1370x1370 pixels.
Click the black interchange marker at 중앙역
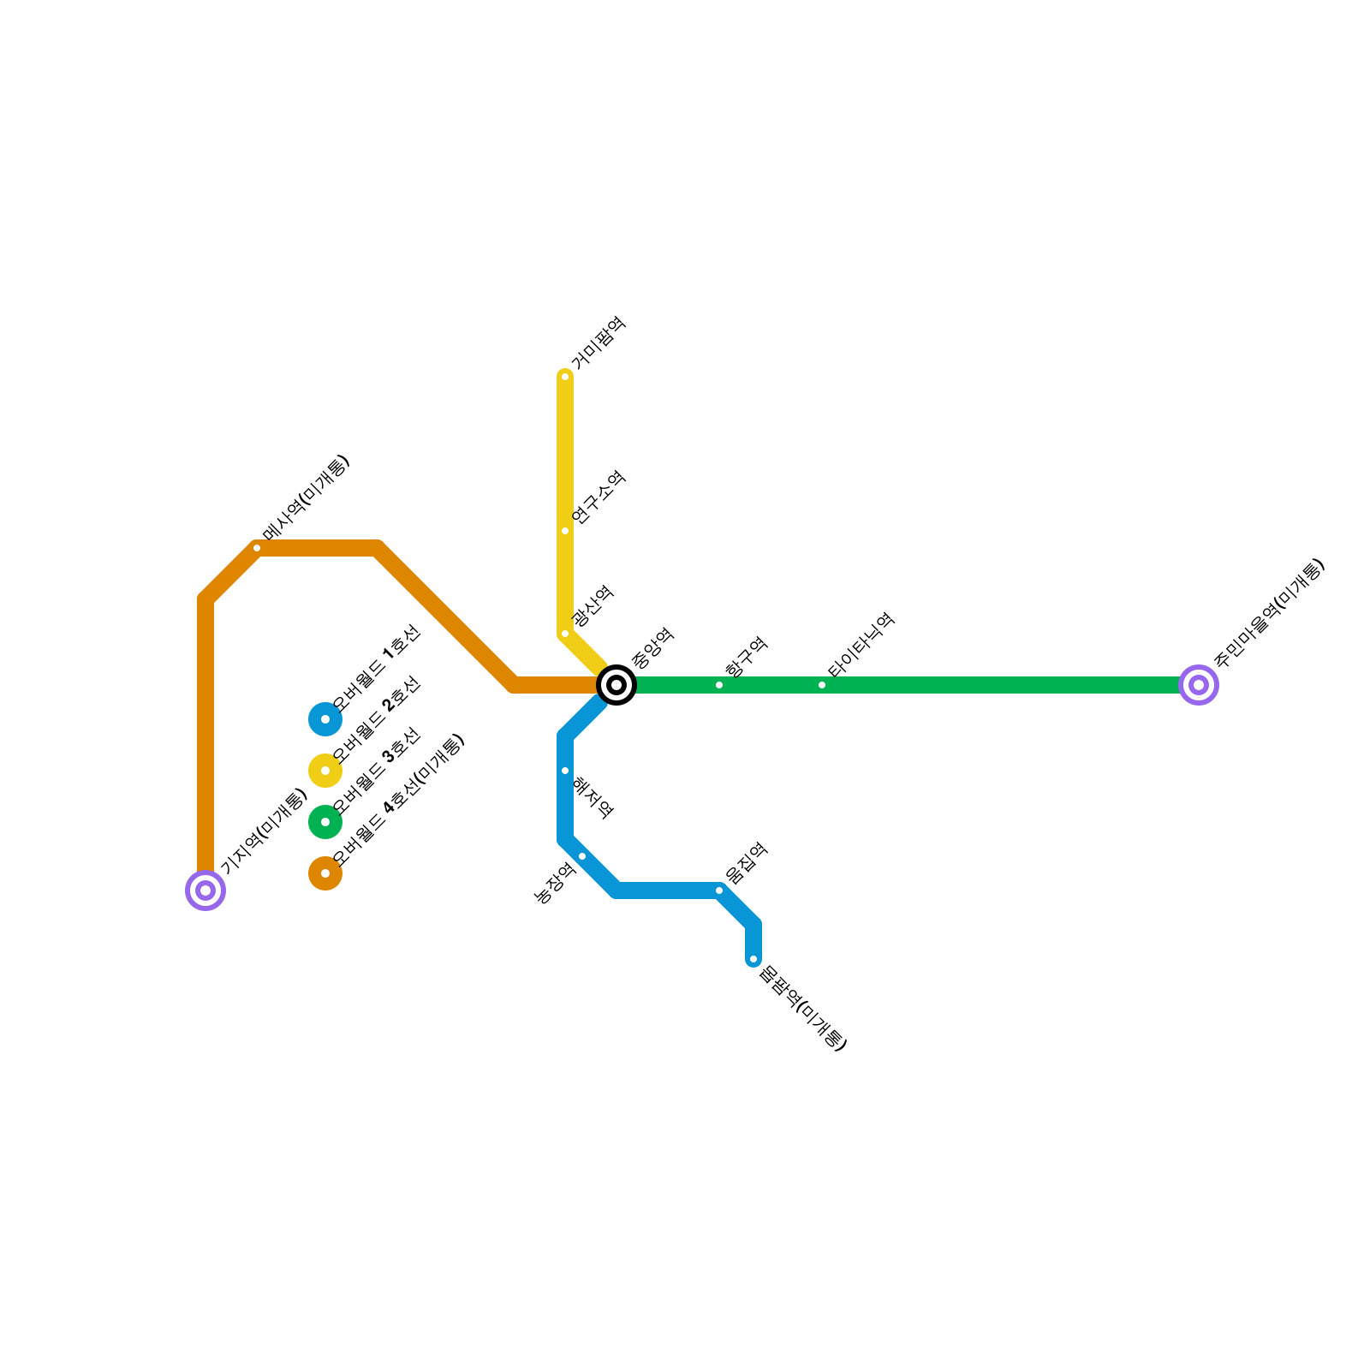pos(616,685)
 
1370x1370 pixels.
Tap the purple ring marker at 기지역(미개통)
pos(205,890)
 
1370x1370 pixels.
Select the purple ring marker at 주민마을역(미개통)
pos(1199,685)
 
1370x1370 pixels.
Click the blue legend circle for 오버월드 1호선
pos(325,719)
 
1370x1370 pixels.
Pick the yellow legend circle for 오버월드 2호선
pos(325,771)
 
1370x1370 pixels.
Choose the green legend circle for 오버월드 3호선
pos(325,822)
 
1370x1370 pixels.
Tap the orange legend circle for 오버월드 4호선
pos(325,873)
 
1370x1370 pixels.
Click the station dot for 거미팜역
pos(565,377)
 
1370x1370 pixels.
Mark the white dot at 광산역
pos(565,634)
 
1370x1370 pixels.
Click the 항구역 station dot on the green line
pos(719,685)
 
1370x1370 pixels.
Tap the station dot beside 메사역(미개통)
pos(257,548)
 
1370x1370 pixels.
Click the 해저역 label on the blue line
pos(593,798)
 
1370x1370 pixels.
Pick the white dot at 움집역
pos(719,890)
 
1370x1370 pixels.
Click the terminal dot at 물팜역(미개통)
pos(753,959)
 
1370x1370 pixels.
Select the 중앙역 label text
pos(653,648)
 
